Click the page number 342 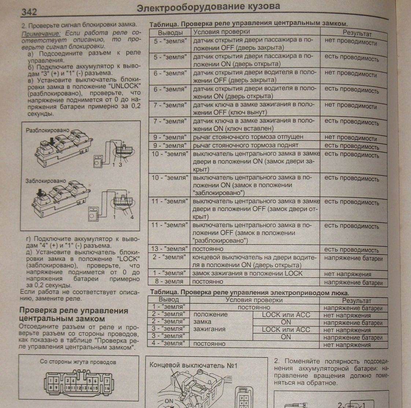point(29,12)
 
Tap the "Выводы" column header point(170,33)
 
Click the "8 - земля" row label point(169,282)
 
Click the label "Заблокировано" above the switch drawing point(46,181)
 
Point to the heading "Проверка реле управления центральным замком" point(74,315)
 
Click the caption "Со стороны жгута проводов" point(78,362)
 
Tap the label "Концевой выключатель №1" point(193,365)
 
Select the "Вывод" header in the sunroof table point(169,300)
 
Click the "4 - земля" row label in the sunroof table point(169,344)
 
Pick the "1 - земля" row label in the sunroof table point(169,307)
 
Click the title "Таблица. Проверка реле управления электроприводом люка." point(249,293)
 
